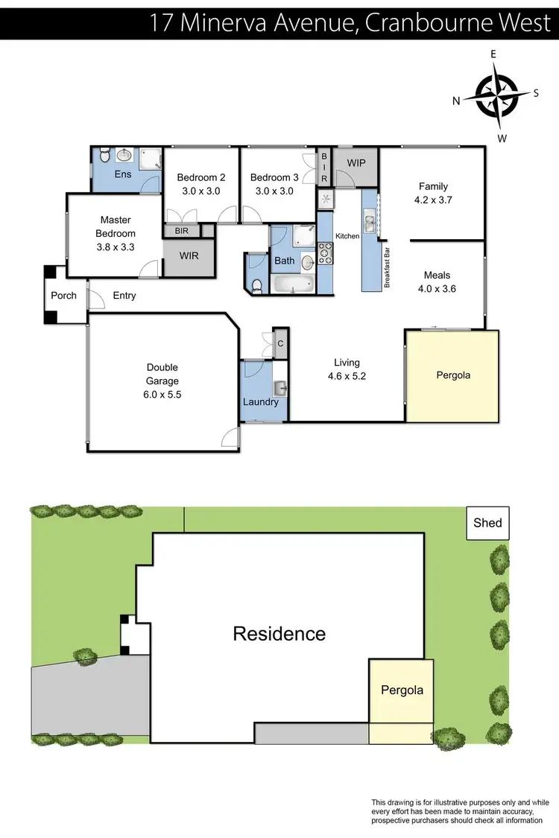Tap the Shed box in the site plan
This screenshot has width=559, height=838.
pos(487,523)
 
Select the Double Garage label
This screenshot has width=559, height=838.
pos(162,374)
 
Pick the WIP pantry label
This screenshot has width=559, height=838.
pos(356,162)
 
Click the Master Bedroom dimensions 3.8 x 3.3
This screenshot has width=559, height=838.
pos(116,247)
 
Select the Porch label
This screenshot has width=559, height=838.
pos(64,296)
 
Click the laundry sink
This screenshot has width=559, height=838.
pos(279,387)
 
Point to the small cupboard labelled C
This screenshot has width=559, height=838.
pos(279,343)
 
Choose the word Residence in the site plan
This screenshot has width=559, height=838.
pos(279,634)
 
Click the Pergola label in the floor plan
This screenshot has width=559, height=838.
pos(453,375)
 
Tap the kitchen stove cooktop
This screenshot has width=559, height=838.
pos(325,253)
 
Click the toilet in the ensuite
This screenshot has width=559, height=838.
pos(104,154)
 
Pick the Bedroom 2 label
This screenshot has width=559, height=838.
pos(200,177)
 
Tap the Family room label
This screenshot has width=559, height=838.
pos(433,186)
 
